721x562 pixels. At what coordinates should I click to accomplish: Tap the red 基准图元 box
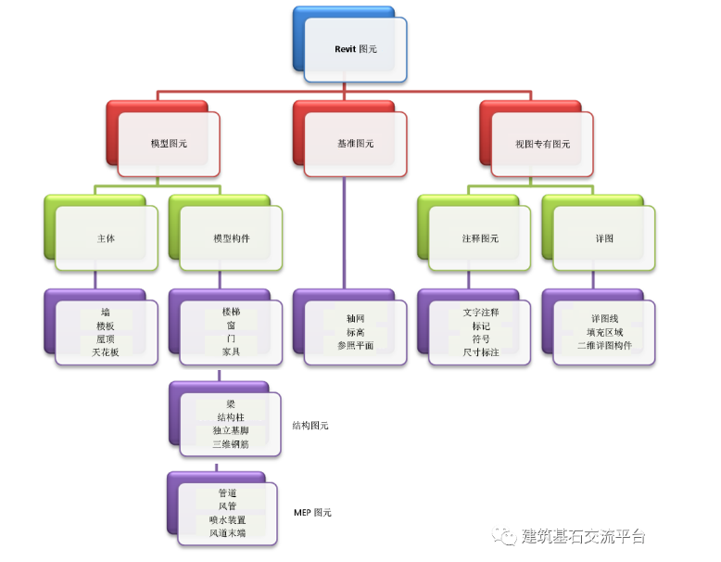click(x=355, y=144)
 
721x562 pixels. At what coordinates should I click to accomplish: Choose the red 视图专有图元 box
click(x=542, y=144)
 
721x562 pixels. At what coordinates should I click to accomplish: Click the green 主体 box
click(x=107, y=238)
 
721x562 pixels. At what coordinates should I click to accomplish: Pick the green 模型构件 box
click(x=231, y=238)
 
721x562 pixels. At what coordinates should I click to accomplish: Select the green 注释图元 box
click(x=480, y=238)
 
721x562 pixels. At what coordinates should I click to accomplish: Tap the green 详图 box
click(x=604, y=238)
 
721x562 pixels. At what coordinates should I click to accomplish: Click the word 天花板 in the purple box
click(x=106, y=352)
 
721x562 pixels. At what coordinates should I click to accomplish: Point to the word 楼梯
click(x=231, y=313)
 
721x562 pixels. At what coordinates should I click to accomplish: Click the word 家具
click(x=231, y=352)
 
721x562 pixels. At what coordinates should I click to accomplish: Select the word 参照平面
click(x=355, y=346)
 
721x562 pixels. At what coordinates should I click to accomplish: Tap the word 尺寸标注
click(x=481, y=352)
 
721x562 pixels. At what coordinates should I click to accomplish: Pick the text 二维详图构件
click(x=604, y=346)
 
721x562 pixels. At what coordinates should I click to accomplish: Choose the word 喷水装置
click(x=228, y=520)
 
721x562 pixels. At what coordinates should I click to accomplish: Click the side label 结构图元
click(x=310, y=426)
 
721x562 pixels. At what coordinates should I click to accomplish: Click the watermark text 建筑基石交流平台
click(x=583, y=536)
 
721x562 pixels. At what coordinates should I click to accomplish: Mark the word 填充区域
click(x=604, y=332)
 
